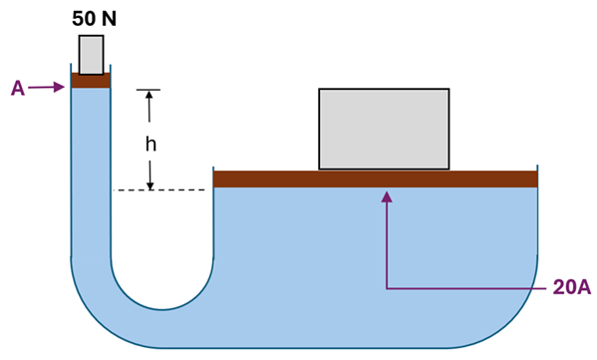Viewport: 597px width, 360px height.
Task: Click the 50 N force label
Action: (92, 18)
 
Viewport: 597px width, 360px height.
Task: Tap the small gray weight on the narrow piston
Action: (91, 55)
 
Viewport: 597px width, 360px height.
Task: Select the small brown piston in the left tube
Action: (91, 81)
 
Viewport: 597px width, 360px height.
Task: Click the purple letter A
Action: (17, 89)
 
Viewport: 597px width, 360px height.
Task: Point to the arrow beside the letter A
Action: (48, 88)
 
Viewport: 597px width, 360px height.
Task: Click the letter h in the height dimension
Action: (150, 144)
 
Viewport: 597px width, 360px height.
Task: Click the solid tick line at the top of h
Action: (150, 91)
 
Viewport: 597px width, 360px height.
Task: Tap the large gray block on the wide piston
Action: (384, 129)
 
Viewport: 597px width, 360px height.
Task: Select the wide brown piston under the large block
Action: (376, 179)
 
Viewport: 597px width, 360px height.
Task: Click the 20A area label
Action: (572, 288)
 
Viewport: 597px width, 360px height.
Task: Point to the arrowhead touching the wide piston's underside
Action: (388, 196)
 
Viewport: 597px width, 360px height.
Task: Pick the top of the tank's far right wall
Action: (538, 169)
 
